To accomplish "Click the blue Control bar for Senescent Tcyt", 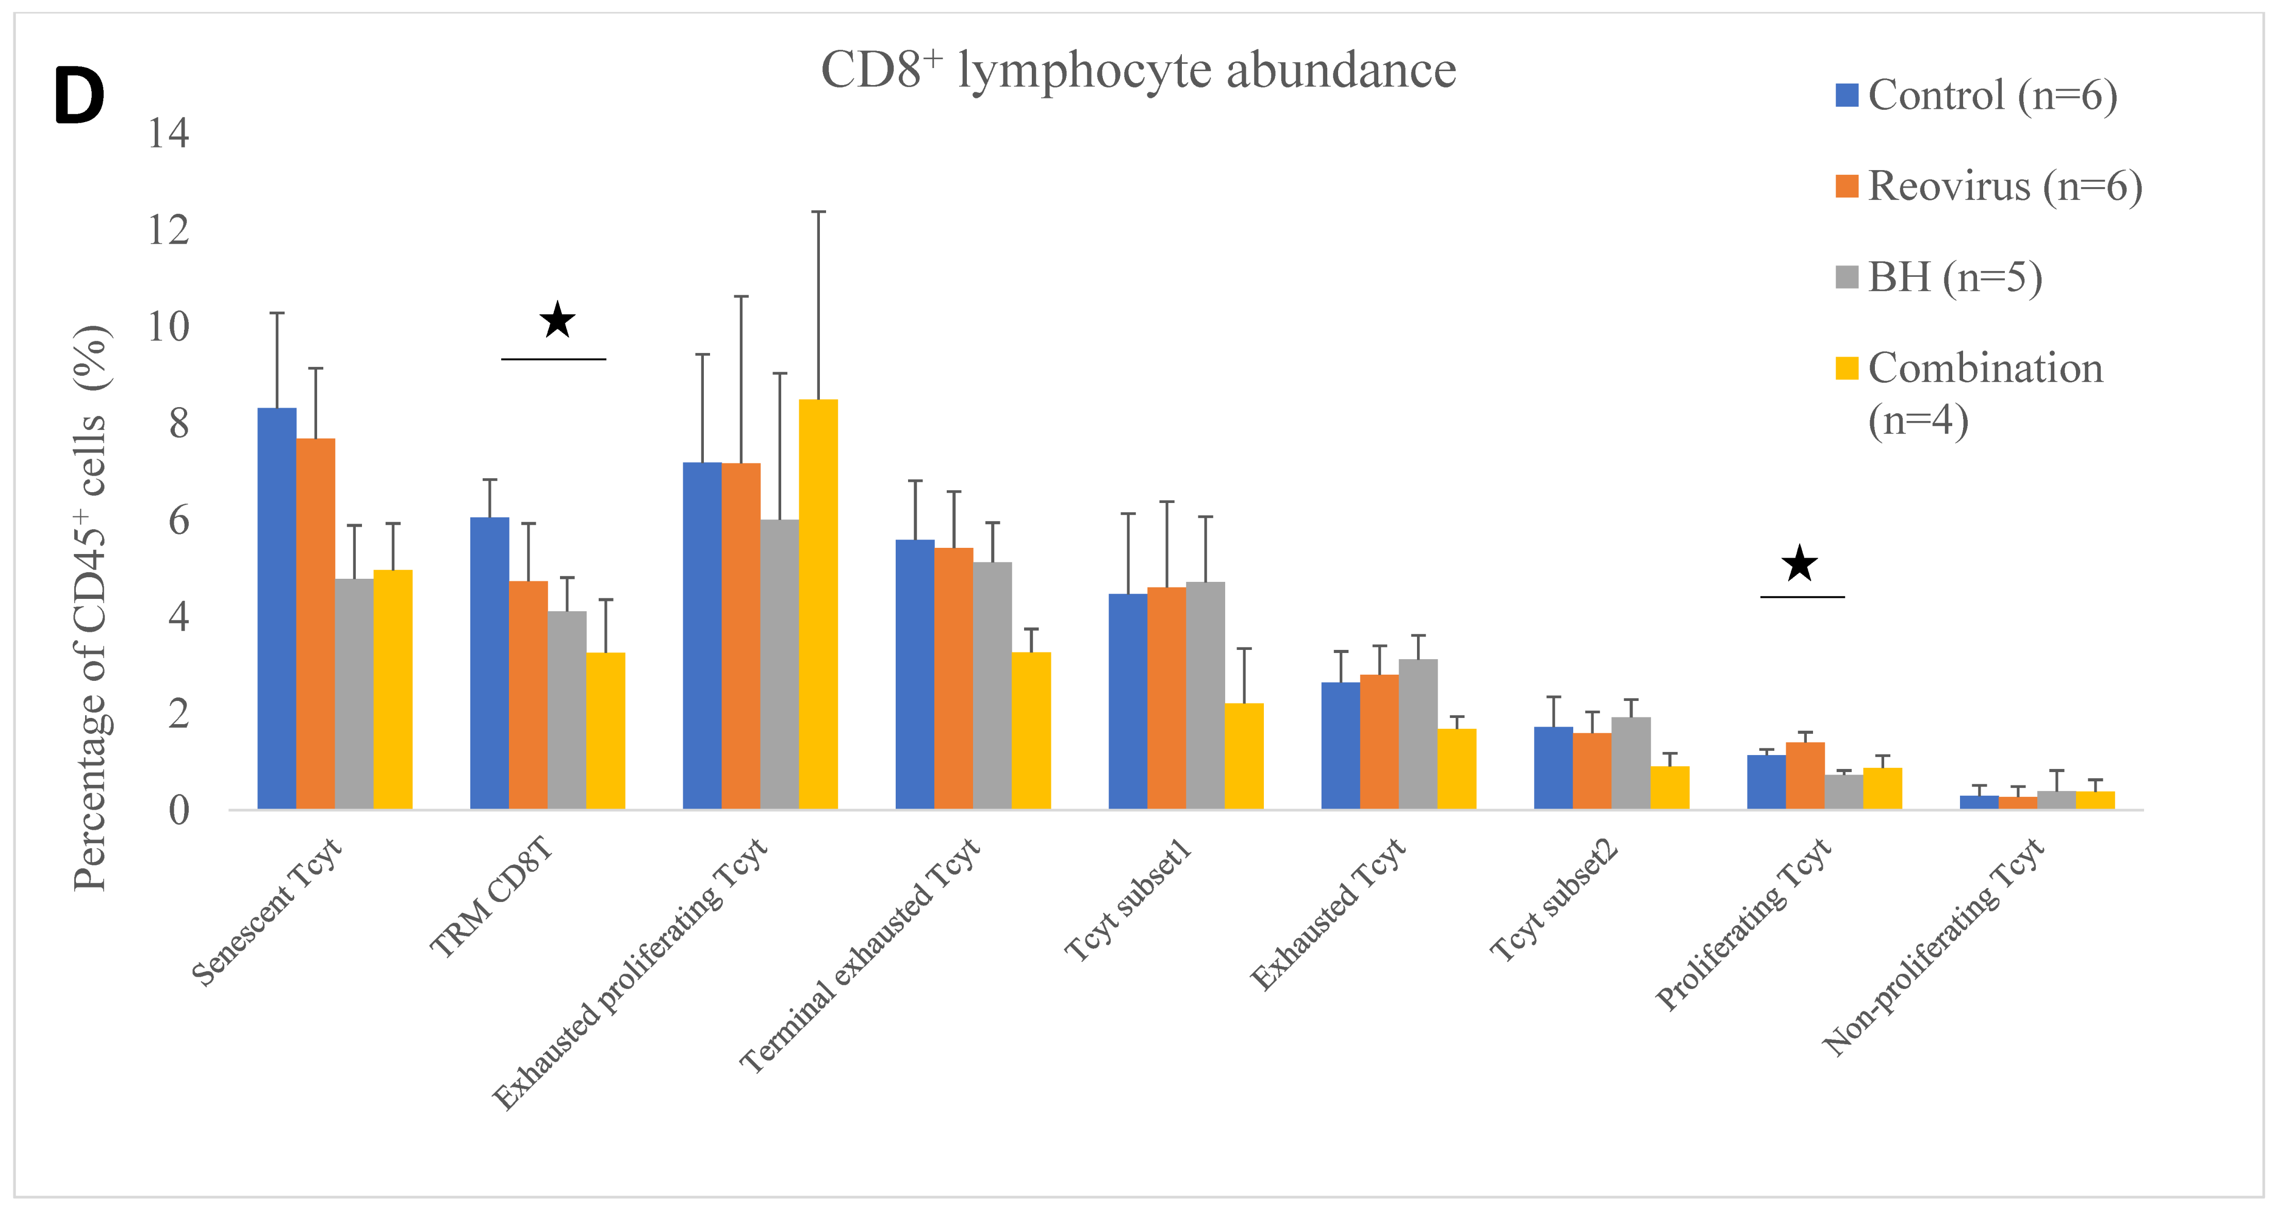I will [276, 609].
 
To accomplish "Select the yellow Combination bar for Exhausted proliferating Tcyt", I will [818, 605].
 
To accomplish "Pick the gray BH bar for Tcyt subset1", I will [1205, 695].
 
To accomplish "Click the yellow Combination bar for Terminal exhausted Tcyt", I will [1031, 731].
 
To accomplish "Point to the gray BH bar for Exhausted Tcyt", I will [1418, 734].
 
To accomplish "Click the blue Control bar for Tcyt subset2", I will [1553, 767].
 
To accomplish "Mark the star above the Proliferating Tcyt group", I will [1799, 564].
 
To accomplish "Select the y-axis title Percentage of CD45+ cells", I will [91, 609].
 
